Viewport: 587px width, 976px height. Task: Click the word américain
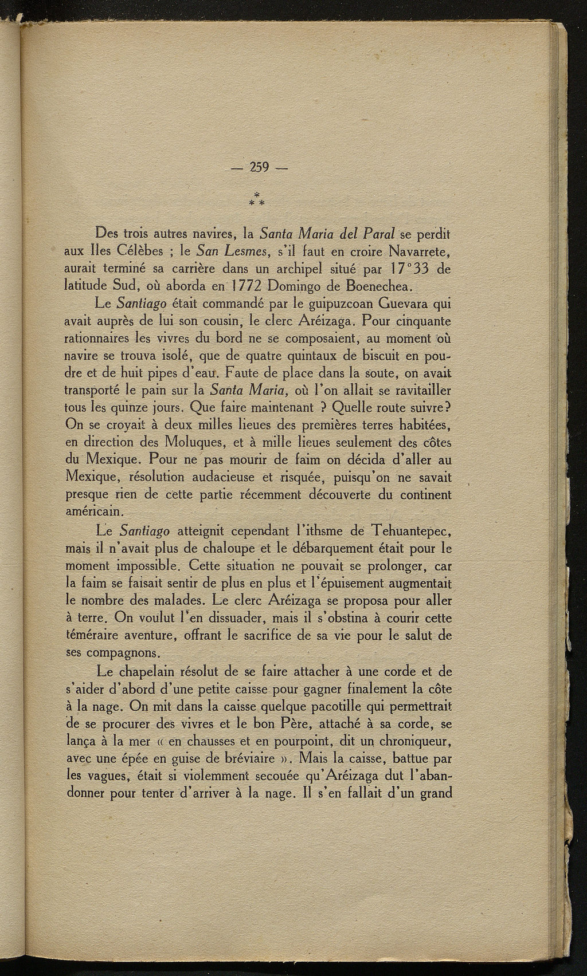(x=93, y=509)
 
